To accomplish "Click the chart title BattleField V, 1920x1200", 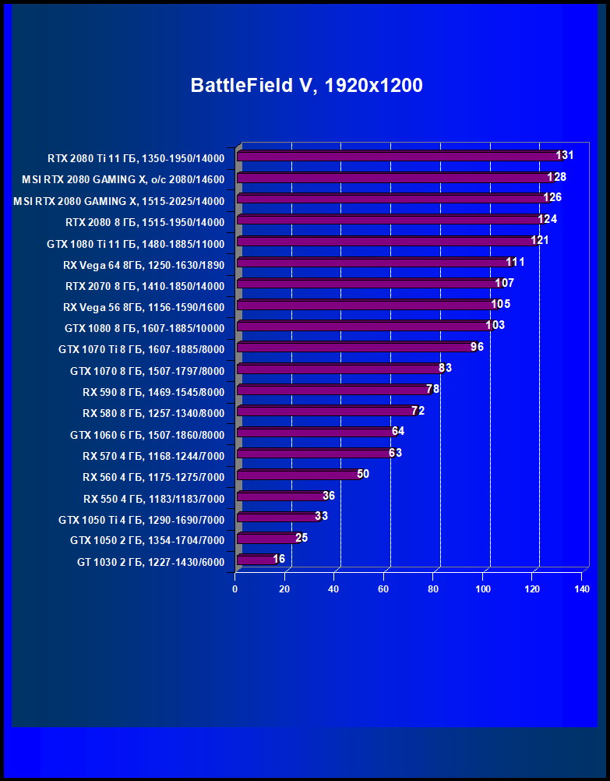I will [x=306, y=86].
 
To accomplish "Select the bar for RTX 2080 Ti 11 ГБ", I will [x=397, y=156].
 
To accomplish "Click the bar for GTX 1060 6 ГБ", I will [x=315, y=432].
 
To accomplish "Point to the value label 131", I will [x=565, y=155].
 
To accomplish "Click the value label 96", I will [x=477, y=346].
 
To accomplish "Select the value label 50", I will [x=363, y=473].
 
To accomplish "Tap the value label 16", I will [x=279, y=559].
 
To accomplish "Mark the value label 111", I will [x=515, y=262].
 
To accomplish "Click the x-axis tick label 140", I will [x=581, y=589].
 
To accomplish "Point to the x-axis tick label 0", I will [x=234, y=589].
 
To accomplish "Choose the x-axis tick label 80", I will [x=433, y=589].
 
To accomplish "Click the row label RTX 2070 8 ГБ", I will [x=145, y=286].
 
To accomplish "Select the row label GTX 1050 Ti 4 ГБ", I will [x=141, y=520].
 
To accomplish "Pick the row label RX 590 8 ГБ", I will [x=153, y=392].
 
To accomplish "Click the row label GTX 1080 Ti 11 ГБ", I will [x=136, y=244].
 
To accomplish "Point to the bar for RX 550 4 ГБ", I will [x=280, y=496].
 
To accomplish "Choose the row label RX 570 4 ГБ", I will [x=153, y=456].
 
